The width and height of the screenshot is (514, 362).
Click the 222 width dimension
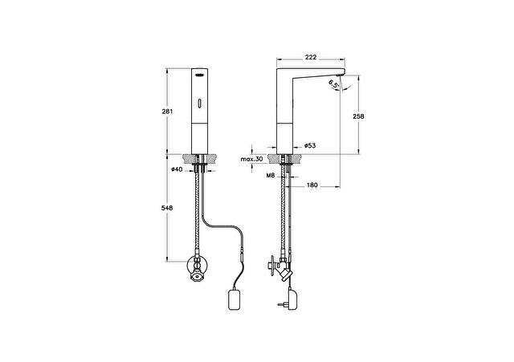click(311, 57)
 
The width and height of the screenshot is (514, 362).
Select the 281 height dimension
click(167, 112)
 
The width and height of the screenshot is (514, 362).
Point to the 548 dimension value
click(167, 208)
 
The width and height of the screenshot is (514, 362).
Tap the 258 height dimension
click(359, 116)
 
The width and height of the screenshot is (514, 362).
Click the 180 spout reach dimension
click(312, 185)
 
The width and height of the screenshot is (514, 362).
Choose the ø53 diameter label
click(310, 145)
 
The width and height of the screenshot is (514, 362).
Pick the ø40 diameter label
click(177, 169)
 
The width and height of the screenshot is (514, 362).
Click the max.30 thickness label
click(251, 159)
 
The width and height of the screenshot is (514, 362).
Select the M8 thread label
click(270, 176)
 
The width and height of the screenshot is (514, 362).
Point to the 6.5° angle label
click(333, 84)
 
